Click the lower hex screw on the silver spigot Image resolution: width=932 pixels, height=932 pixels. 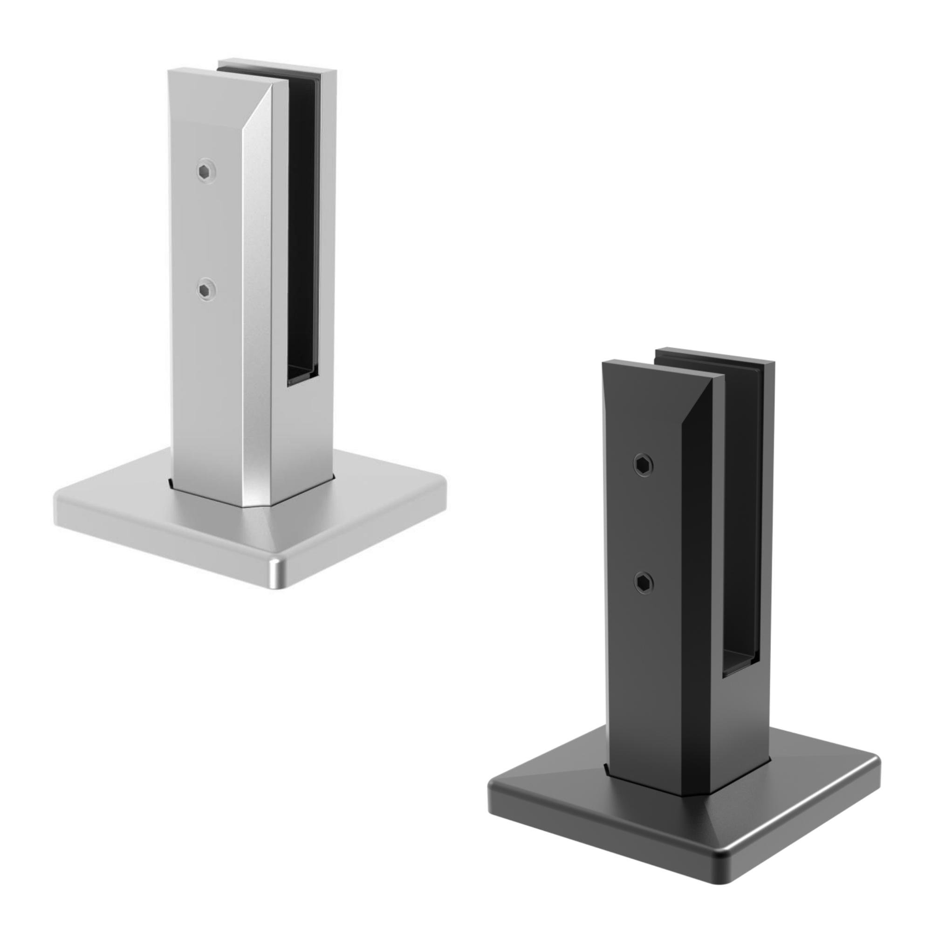[x=206, y=290]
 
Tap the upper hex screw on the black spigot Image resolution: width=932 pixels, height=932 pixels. [x=644, y=465]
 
